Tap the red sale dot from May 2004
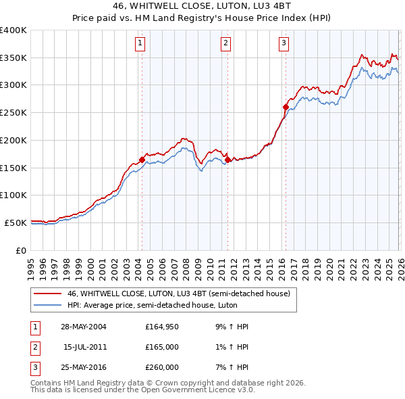(142, 160)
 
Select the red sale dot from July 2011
(227, 160)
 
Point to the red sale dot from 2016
(286, 107)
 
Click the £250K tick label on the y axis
(13, 113)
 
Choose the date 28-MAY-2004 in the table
(84, 327)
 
